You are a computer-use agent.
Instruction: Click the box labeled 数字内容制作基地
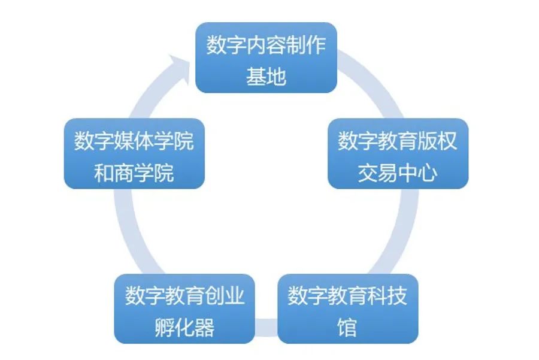pos(266,58)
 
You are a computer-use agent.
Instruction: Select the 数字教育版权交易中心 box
pos(398,153)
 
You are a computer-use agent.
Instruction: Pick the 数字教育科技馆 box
pos(347,308)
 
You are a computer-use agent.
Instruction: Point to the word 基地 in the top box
pos(266,77)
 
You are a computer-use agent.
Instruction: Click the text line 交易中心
pos(398,173)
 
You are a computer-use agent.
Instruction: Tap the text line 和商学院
pos(134,173)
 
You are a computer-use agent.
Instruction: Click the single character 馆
pos(347,328)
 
